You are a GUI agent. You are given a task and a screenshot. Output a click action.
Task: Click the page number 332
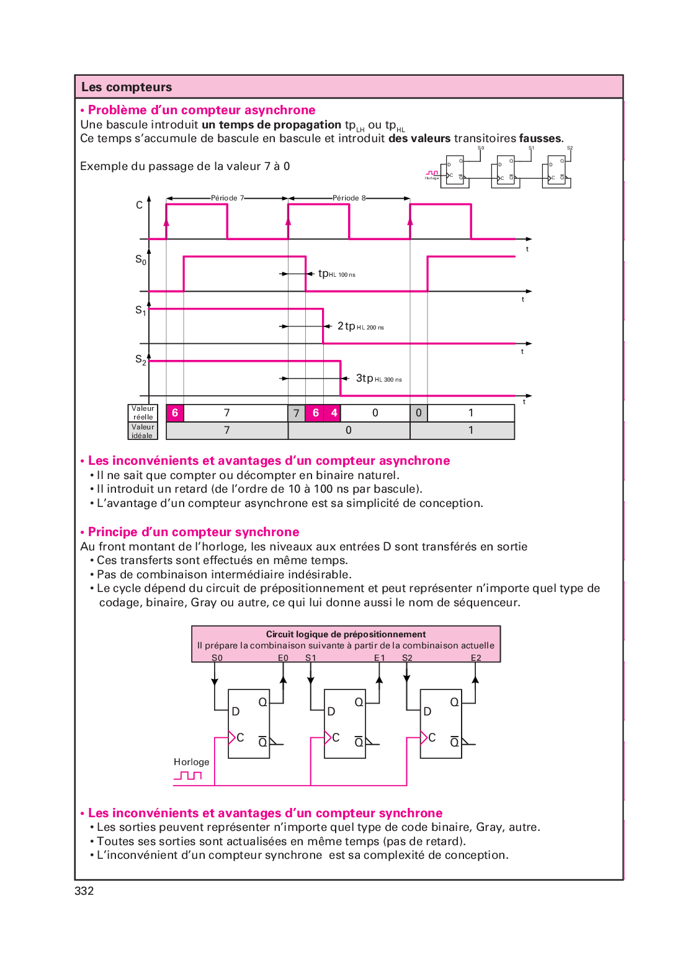coord(84,891)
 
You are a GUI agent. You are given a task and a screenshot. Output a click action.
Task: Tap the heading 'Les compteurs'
coord(127,87)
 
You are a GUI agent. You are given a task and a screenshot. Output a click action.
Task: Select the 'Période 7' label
coord(227,198)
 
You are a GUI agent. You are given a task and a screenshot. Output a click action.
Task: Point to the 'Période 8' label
coord(349,198)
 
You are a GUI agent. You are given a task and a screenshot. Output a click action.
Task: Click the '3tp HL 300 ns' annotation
coord(378,379)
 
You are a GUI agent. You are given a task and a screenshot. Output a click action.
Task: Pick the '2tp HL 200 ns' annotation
coord(360,326)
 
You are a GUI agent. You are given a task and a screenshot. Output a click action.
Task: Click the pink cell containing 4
coord(334,413)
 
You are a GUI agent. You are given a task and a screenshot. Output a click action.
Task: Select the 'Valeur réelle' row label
coord(143,413)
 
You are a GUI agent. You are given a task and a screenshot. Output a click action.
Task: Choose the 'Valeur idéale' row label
coord(143,431)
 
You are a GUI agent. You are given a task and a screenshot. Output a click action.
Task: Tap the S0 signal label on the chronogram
coord(141,259)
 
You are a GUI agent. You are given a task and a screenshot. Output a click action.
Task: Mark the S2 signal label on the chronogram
coord(141,359)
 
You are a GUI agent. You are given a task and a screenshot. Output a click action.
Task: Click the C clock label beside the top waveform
coord(140,205)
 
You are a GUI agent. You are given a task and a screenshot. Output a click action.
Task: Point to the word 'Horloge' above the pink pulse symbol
coord(191,762)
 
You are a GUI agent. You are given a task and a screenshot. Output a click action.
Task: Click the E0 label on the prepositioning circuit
coord(283,658)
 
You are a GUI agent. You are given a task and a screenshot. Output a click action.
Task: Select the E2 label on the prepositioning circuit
coord(476,658)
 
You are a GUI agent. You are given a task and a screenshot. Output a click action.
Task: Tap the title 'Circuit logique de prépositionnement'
coord(346,634)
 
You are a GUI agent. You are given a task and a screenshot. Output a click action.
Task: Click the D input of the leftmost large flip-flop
coord(236,712)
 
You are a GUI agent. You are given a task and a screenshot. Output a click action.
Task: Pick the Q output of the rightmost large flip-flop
coord(455,702)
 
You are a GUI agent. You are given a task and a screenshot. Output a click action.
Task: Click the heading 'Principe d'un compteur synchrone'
coord(194,532)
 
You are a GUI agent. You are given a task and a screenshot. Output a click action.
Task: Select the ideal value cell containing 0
coord(349,431)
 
